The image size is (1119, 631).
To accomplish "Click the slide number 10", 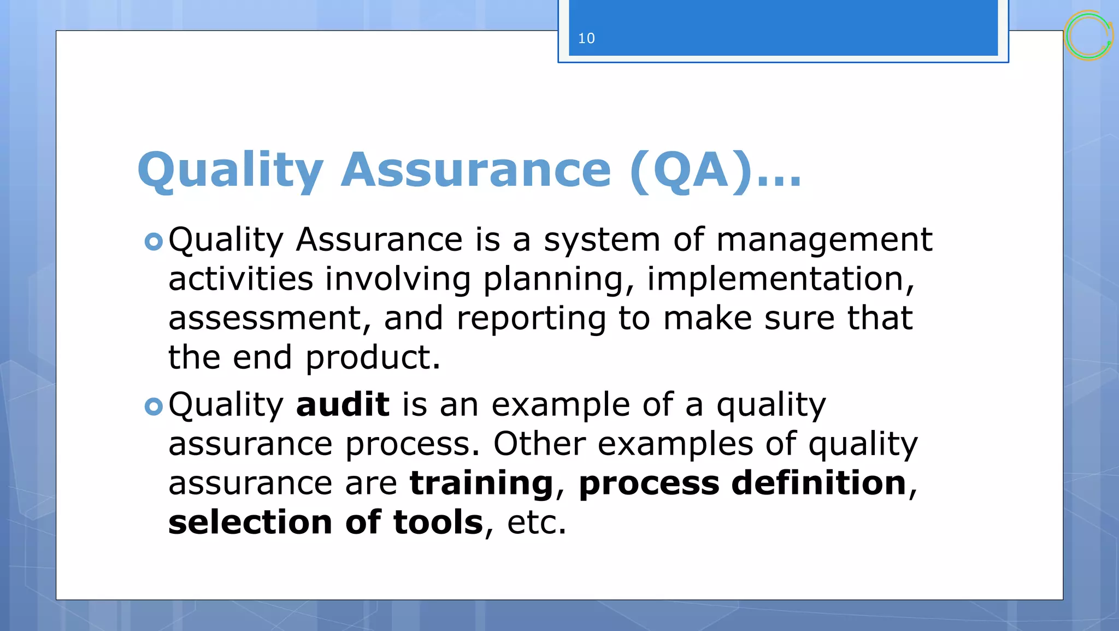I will (586, 39).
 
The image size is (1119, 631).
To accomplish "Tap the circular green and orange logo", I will (1088, 36).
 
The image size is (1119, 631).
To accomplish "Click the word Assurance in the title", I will (475, 170).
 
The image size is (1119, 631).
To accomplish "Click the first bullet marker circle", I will (154, 241).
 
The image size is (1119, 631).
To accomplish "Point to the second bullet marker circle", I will (154, 406).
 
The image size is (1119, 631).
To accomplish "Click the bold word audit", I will (343, 405).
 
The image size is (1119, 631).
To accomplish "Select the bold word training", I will (481, 484).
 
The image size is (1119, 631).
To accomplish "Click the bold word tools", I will (438, 522).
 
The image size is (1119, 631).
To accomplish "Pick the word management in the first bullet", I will (824, 240).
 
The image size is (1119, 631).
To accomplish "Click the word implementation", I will (775, 279).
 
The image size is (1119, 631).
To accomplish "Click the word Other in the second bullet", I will (539, 444).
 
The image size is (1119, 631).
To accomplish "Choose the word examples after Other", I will (675, 445).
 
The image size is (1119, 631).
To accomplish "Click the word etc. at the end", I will (537, 523).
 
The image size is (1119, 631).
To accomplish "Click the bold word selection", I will (250, 522).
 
